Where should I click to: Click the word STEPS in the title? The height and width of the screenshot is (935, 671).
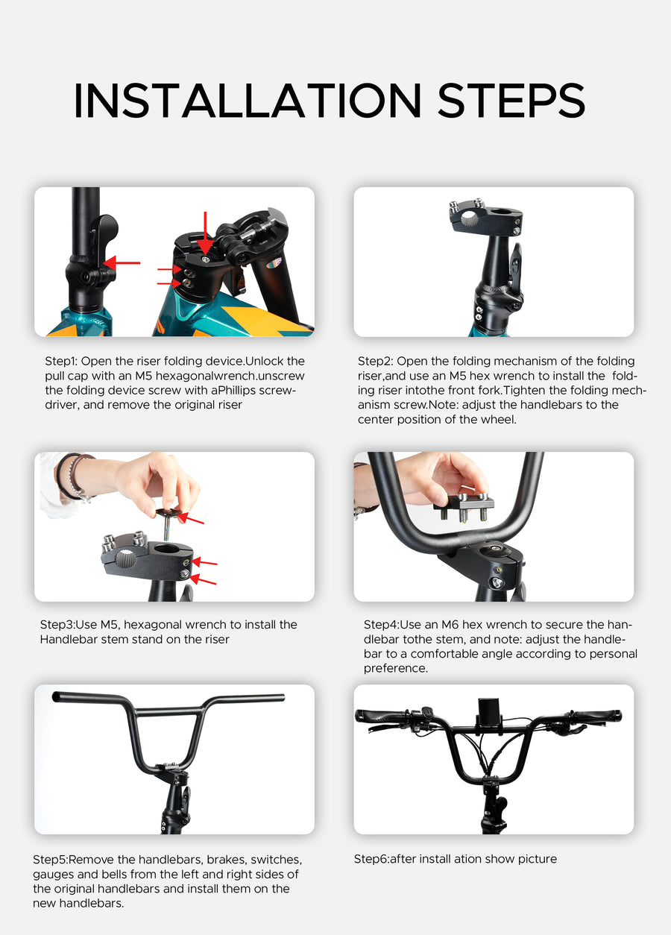(511, 101)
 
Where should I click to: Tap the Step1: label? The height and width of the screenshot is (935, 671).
(60, 361)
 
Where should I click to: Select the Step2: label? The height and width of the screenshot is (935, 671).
(375, 361)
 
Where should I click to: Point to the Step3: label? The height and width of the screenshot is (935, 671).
(57, 624)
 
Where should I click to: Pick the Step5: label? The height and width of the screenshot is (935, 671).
(50, 860)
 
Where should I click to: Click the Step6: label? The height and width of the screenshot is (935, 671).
(371, 859)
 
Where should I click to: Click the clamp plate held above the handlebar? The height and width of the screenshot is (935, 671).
(463, 509)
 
